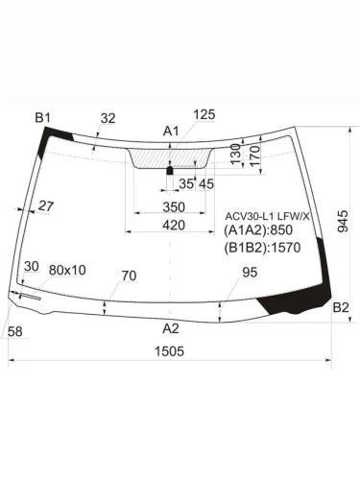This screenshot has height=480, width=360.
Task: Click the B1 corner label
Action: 42,117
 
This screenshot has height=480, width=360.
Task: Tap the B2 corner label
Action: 340,307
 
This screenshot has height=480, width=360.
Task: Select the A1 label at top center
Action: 171,131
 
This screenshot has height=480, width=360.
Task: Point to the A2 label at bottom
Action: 171,328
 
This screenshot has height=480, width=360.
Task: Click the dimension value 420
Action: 173,225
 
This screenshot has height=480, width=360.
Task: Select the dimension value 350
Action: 173,207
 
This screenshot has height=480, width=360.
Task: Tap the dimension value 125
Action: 204,114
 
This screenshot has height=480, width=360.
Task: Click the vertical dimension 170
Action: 254,154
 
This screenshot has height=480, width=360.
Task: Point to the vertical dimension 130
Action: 235,154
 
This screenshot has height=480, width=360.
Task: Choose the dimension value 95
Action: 249,273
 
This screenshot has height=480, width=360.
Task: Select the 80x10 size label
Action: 67,270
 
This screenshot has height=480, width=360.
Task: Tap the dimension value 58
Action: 14,331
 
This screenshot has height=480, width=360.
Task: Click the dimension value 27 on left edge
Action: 46,205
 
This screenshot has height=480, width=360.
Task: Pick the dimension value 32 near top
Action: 108,118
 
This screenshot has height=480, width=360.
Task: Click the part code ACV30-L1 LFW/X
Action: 267,216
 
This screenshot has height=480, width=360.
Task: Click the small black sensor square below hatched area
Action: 170,170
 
